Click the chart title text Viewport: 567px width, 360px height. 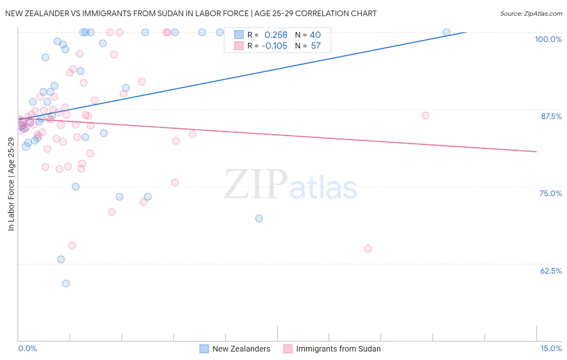pos(191,13)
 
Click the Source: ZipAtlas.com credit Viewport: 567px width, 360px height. pos(531,13)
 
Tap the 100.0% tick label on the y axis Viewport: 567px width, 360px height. pos(548,39)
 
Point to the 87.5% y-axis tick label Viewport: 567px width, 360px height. pos(551,116)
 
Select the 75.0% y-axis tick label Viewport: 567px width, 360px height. pos(550,193)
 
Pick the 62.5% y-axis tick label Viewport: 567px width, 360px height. pos(551,271)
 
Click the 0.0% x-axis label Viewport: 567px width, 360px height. pos(27,348)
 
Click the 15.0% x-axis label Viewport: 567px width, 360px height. pos(551,348)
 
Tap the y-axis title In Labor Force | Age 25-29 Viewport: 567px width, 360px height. pos(11,184)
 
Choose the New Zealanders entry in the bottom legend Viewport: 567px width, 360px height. pos(241,349)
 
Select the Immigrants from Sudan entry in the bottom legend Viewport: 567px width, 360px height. pos(338,349)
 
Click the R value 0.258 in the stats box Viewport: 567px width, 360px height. pos(276,35)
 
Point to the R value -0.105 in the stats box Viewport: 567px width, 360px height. pos(274,46)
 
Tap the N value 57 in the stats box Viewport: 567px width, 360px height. pos(316,46)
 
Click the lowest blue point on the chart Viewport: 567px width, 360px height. pos(66,283)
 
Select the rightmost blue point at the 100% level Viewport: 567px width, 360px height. pos(446,32)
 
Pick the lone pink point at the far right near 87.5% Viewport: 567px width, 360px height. pos(425,115)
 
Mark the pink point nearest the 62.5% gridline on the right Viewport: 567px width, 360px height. pos(368,249)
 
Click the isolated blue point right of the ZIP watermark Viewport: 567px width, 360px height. pos(259,218)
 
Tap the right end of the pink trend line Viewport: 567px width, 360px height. pos(536,151)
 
